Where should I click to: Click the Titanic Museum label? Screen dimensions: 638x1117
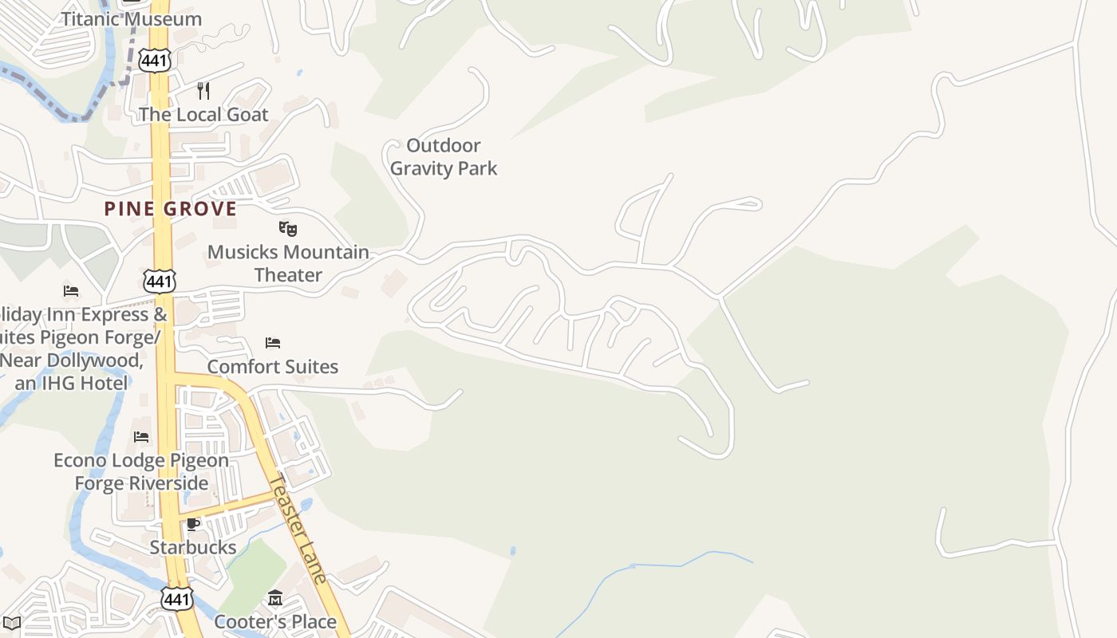[132, 18]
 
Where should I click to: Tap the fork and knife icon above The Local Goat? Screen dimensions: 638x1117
[203, 90]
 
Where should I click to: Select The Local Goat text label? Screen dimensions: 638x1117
[203, 114]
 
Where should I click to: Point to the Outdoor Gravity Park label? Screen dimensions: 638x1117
[444, 156]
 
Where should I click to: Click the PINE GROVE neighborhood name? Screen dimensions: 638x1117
[171, 209]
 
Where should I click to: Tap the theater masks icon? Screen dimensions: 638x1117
[288, 229]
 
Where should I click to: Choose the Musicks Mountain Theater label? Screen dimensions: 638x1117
[288, 263]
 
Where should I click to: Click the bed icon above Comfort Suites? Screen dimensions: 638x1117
[273, 343]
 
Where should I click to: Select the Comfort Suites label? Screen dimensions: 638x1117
[273, 367]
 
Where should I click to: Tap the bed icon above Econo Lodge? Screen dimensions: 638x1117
[141, 436]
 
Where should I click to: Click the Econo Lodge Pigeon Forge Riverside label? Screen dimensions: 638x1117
[141, 471]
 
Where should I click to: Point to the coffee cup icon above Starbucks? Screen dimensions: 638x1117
[192, 524]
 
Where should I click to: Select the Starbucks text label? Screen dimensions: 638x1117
[193, 547]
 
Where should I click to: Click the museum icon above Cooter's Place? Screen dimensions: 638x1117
[275, 597]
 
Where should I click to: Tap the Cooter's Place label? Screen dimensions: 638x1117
[275, 621]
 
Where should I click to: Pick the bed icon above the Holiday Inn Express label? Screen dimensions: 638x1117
[71, 290]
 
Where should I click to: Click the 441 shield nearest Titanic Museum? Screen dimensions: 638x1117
[153, 60]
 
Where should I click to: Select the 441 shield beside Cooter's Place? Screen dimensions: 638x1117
[176, 599]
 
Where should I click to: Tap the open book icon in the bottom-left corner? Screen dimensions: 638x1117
[11, 623]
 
